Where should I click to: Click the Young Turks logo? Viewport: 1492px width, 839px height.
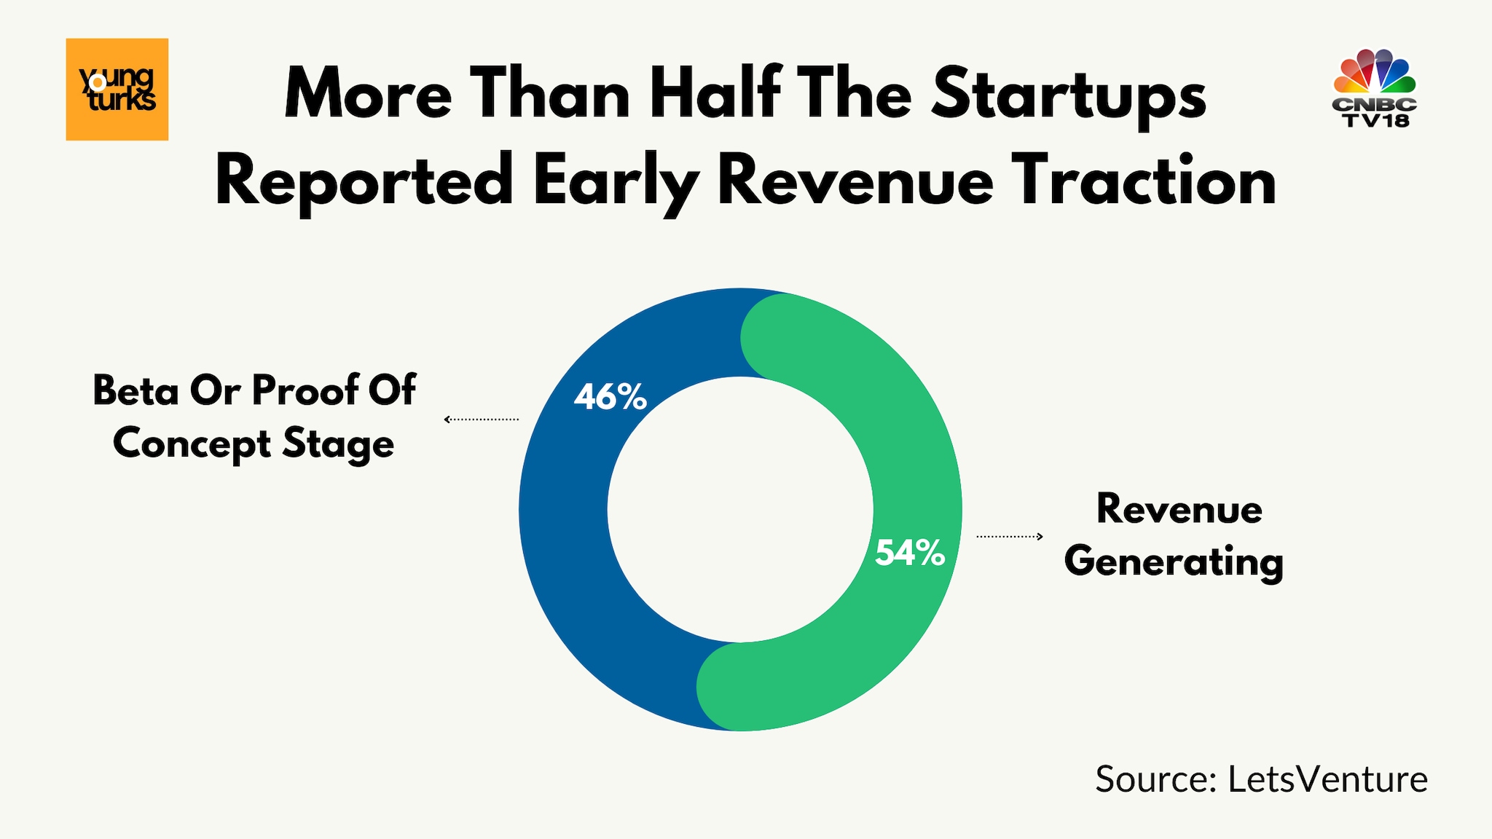coord(117,89)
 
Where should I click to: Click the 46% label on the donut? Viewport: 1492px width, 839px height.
coord(610,397)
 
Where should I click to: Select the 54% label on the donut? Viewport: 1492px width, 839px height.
coord(909,553)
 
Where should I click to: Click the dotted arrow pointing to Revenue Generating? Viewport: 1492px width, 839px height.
coord(1010,537)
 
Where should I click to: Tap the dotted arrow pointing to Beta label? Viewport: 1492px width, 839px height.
coord(482,419)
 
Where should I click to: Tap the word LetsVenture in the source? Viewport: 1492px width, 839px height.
coord(1327,779)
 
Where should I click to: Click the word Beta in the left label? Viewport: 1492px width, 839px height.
coord(136,390)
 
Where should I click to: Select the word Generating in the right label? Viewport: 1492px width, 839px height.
coord(1174,562)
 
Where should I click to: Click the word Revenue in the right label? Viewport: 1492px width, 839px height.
coord(1179,508)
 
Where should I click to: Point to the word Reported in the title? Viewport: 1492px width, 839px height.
coord(364,182)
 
